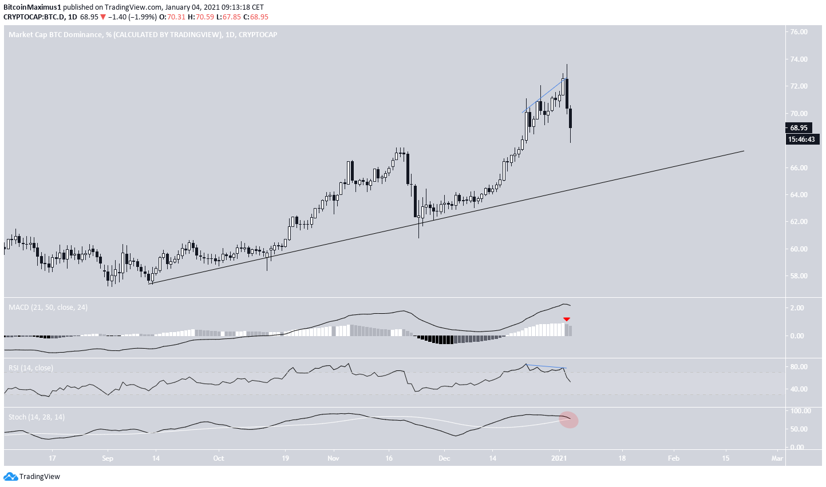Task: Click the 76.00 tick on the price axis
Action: pos(799,32)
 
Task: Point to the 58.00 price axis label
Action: pos(799,276)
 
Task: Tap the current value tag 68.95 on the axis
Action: pos(799,128)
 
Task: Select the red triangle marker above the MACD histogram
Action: pos(567,319)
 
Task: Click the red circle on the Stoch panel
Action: pos(569,420)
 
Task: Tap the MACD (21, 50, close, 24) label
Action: pos(48,308)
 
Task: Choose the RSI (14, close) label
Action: pos(31,368)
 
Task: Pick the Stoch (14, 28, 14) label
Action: pos(37,417)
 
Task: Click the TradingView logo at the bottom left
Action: pos(32,477)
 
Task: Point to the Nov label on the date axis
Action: pos(334,458)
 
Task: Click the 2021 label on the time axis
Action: pos(559,458)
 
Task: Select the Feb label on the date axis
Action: pos(674,458)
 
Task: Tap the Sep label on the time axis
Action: pos(108,458)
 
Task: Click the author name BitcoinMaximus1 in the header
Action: pos(32,7)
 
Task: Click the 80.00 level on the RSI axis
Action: pos(799,367)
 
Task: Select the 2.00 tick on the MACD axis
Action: pos(797,308)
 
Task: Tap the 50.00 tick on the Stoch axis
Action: pos(799,429)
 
